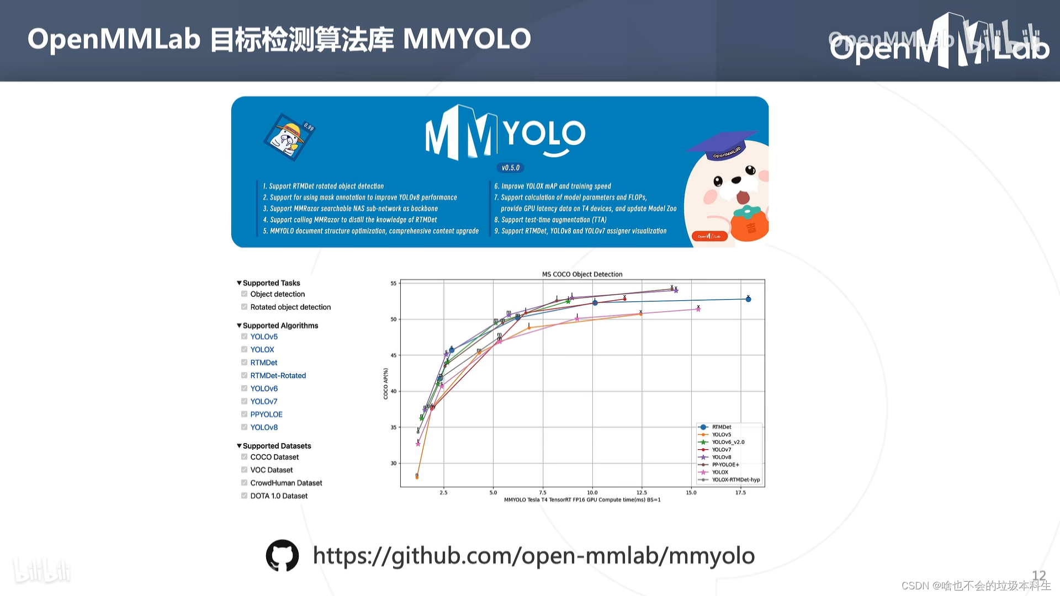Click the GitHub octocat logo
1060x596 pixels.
click(x=282, y=555)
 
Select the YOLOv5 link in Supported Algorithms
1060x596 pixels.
click(x=264, y=337)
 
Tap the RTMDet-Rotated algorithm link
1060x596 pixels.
click(x=278, y=375)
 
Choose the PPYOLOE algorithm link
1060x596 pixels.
click(x=266, y=414)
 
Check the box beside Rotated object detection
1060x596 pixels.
click(x=244, y=307)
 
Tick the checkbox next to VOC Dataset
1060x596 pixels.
click(x=244, y=470)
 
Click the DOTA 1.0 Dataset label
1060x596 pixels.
click(x=279, y=496)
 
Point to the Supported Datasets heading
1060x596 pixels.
click(x=277, y=446)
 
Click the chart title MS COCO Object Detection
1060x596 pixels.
click(x=582, y=274)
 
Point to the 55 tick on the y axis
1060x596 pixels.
click(x=394, y=283)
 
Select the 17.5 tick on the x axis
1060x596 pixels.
click(x=740, y=492)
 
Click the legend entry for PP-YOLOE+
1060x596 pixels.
click(x=725, y=465)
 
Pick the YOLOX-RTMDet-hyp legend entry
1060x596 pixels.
click(x=735, y=480)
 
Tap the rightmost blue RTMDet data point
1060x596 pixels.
click(x=748, y=299)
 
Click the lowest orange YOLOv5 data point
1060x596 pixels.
click(x=417, y=477)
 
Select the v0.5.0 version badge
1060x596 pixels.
click(x=511, y=168)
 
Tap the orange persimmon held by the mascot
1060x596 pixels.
click(x=749, y=223)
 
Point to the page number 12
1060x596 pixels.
click(x=1038, y=576)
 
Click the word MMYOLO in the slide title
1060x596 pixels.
click(x=467, y=39)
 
